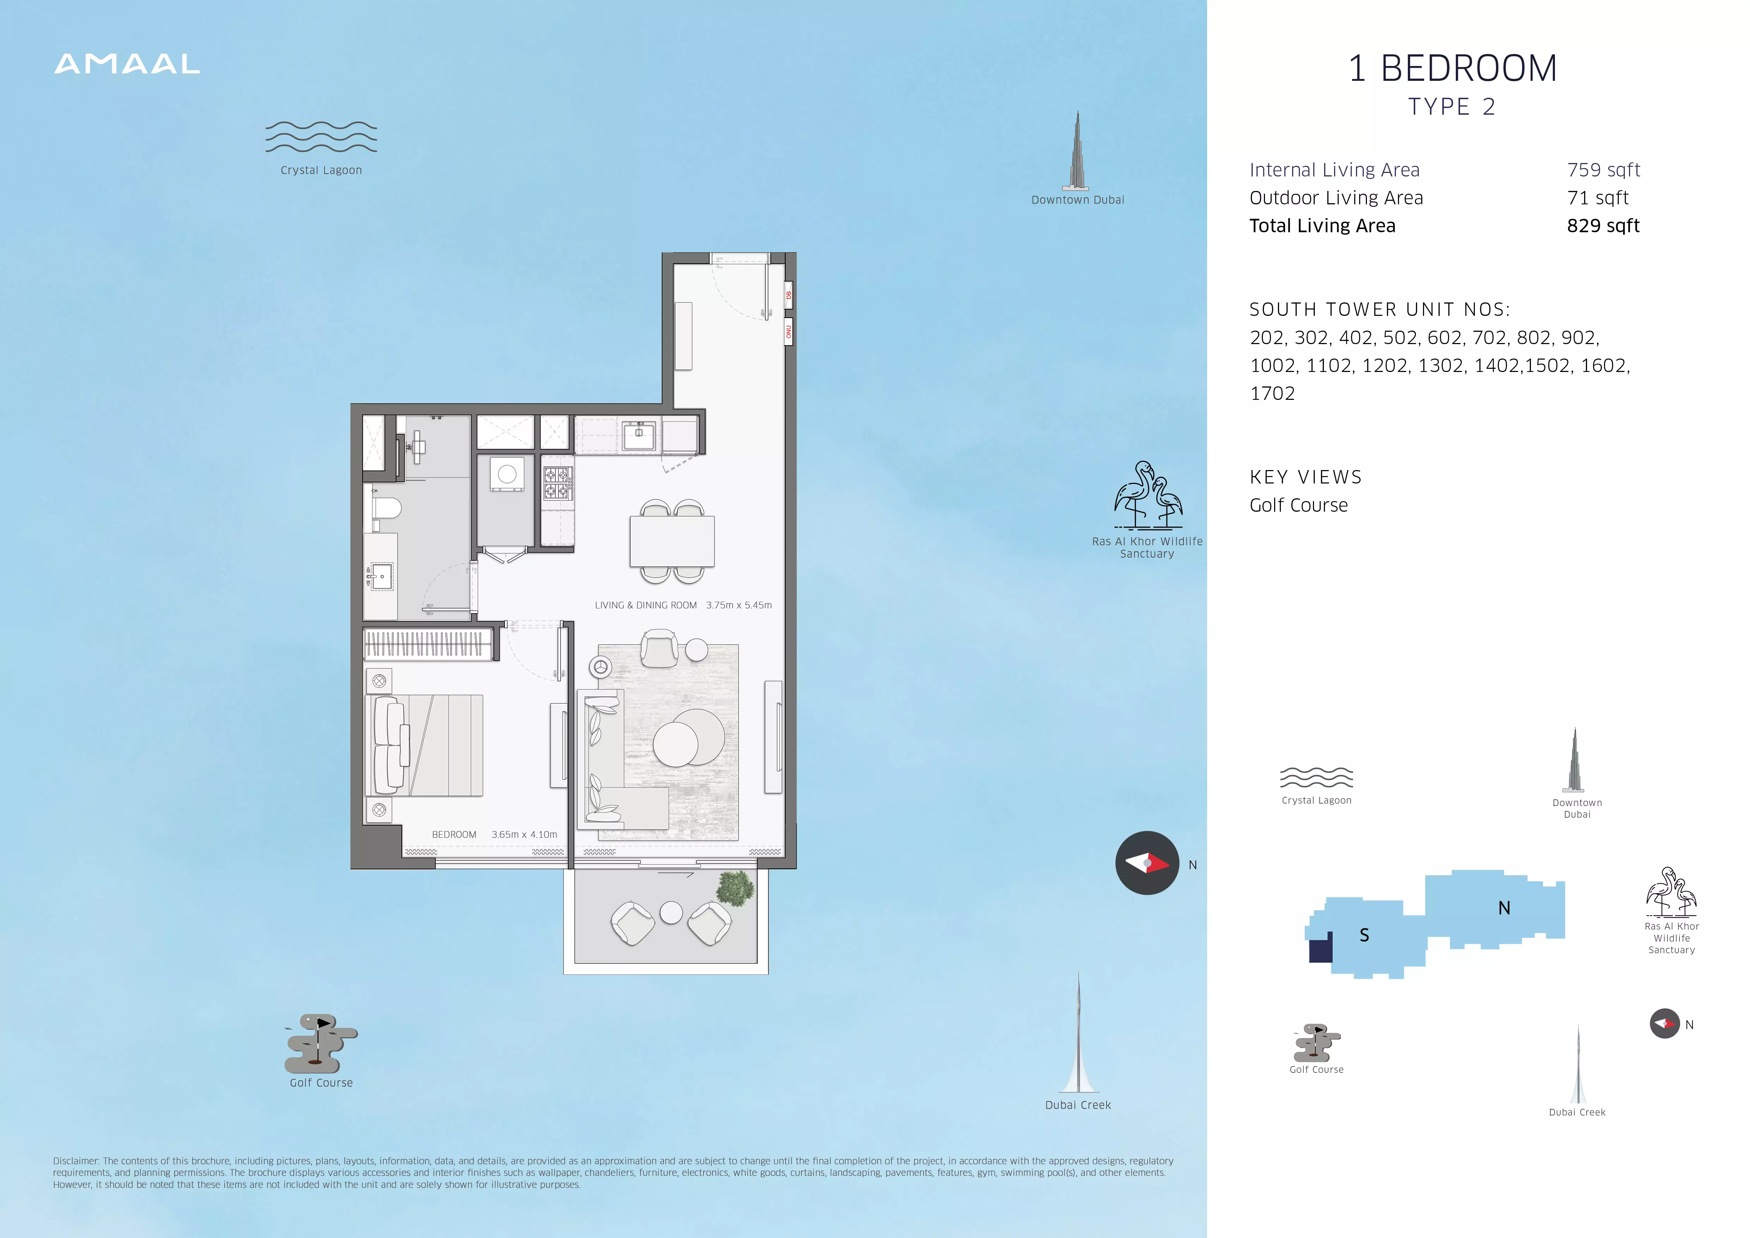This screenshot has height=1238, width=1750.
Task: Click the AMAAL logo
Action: pyautogui.click(x=127, y=64)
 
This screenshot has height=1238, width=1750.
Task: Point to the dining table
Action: pyautogui.click(x=672, y=541)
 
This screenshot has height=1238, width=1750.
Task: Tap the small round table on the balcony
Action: pyautogui.click(x=671, y=913)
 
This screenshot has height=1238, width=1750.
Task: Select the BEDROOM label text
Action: pyautogui.click(x=454, y=835)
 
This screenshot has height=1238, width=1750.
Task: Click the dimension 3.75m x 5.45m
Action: pyautogui.click(x=739, y=605)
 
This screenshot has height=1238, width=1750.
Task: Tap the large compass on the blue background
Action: pyautogui.click(x=1147, y=863)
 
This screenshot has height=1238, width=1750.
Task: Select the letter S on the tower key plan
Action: pyautogui.click(x=1364, y=935)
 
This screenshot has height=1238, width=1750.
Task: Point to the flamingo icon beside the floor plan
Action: pyautogui.click(x=1148, y=495)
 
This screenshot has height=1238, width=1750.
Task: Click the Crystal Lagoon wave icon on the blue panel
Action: pyautogui.click(x=321, y=137)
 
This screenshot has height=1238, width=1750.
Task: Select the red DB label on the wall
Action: pyautogui.click(x=789, y=295)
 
